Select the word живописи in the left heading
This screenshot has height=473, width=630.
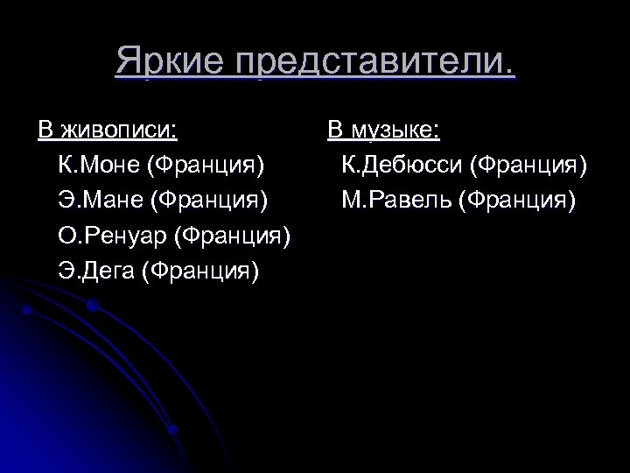[x=119, y=131]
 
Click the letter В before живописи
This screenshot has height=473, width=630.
[x=45, y=131]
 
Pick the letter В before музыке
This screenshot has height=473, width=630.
[x=334, y=131]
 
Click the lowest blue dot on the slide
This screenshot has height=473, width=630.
[x=172, y=429]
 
